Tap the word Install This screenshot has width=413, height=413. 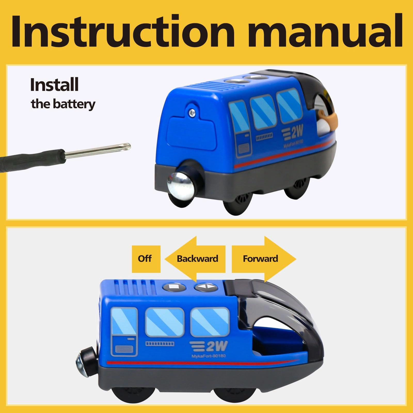(x=54, y=85)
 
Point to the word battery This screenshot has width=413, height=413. (x=74, y=104)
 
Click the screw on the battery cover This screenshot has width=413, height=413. (x=192, y=112)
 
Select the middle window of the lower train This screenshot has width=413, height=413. (x=165, y=322)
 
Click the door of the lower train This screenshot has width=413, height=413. (x=124, y=332)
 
